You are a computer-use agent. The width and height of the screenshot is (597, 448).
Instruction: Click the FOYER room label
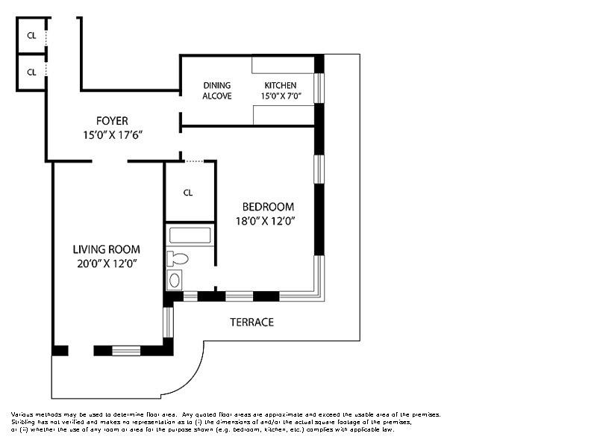(112, 121)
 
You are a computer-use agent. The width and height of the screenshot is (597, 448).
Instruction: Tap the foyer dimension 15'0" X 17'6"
(112, 135)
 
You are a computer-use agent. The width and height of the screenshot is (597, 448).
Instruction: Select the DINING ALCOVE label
(217, 90)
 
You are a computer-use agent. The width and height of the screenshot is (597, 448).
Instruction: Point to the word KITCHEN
(280, 86)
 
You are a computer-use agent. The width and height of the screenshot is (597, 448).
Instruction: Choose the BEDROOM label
(268, 207)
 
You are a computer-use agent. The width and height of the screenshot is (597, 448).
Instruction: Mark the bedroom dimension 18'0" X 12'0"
(268, 220)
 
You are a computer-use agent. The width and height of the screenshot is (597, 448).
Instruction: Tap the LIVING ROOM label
(106, 249)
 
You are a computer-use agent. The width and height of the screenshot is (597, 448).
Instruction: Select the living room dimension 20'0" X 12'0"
(106, 263)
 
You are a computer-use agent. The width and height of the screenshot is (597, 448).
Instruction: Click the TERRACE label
(251, 322)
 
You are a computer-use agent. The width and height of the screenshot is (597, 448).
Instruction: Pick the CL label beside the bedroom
(188, 193)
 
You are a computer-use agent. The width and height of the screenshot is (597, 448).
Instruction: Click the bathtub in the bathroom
(190, 236)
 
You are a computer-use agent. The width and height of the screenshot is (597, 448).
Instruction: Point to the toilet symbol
(177, 259)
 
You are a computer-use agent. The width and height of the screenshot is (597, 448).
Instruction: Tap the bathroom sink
(175, 280)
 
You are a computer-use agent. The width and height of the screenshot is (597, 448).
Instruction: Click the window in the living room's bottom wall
(126, 350)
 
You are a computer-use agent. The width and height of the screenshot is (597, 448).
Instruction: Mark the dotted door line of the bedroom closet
(193, 161)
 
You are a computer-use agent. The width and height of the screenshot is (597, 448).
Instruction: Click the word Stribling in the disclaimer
(23, 422)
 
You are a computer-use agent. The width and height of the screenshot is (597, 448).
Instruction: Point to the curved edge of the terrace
(190, 377)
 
